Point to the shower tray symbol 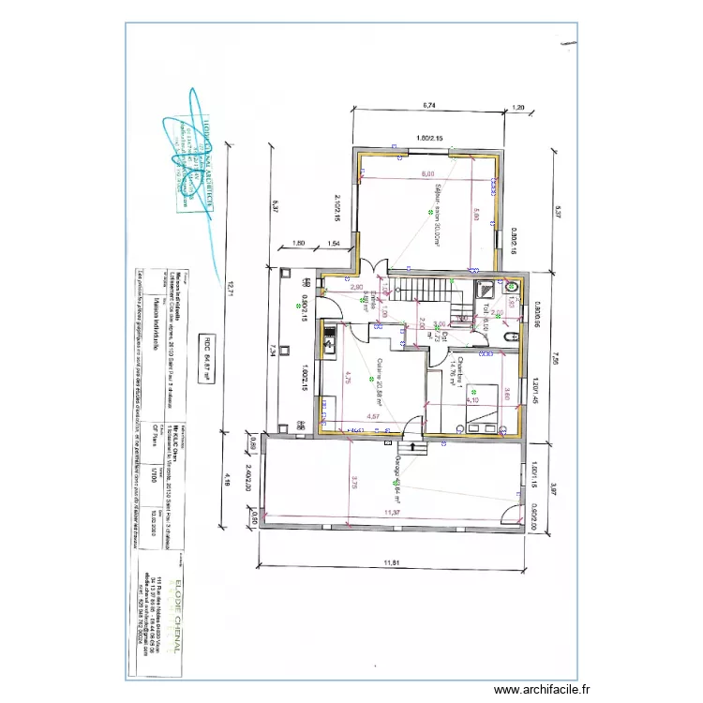[x=488, y=288]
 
